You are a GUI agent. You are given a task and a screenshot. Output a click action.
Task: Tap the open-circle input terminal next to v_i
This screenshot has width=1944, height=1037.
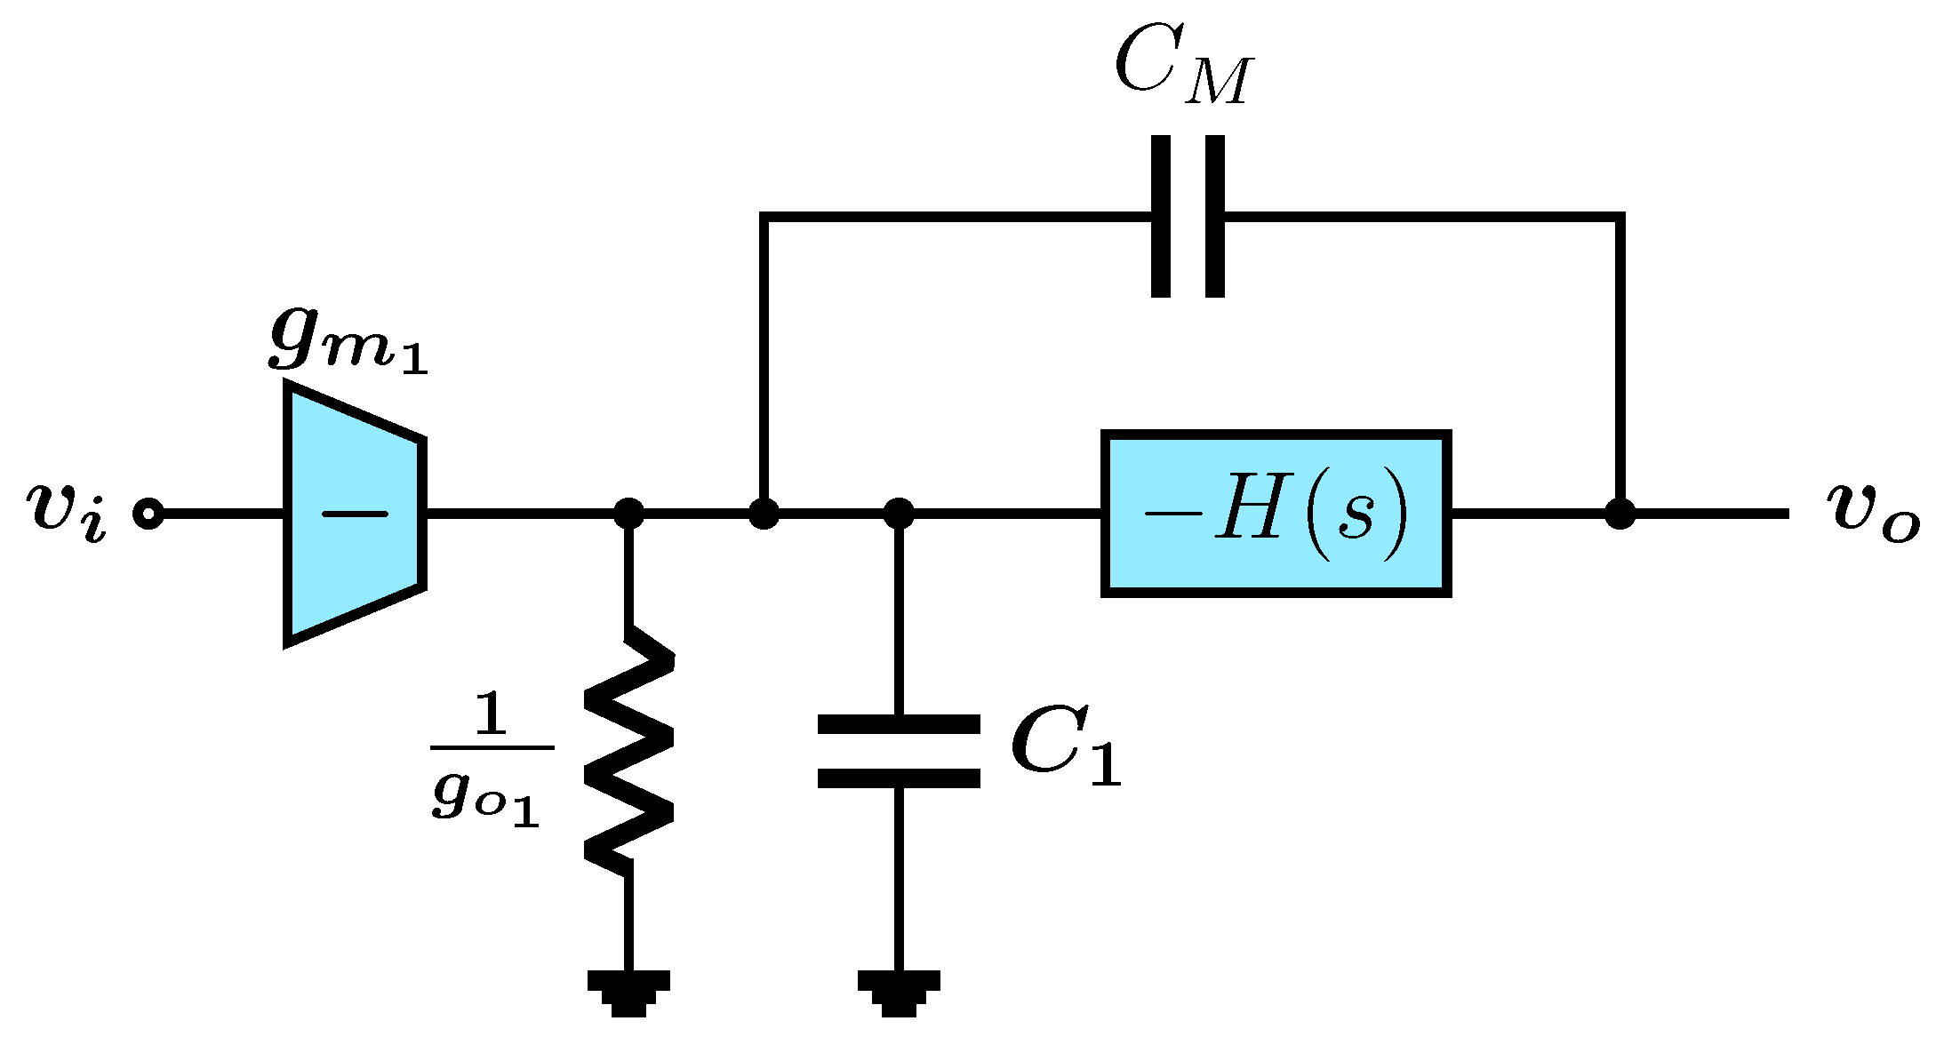pyautogui.click(x=148, y=514)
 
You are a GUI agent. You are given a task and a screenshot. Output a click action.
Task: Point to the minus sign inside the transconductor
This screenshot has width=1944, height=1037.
pyautogui.click(x=355, y=514)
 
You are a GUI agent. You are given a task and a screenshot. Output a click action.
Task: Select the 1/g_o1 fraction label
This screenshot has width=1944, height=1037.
pyautogui.click(x=490, y=760)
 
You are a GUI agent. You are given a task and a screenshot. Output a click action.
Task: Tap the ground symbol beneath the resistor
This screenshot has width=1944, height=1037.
pyautogui.click(x=628, y=992)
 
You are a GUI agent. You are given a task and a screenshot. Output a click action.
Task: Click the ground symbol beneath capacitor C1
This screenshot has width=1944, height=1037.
pyautogui.click(x=899, y=992)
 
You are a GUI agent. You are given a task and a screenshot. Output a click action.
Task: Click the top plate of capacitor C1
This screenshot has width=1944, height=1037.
pyautogui.click(x=899, y=723)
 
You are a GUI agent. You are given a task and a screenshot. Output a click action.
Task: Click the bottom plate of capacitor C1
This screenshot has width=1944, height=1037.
pyautogui.click(x=899, y=779)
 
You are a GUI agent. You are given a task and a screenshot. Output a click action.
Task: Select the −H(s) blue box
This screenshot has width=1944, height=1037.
pyautogui.click(x=1276, y=514)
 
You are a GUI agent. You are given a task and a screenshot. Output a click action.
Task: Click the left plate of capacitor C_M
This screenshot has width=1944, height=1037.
pyautogui.click(x=1160, y=216)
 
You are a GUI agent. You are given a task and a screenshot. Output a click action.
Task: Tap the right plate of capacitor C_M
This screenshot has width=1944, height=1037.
pyautogui.click(x=1215, y=216)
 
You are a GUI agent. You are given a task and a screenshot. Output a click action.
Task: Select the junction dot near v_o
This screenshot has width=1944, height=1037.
pyautogui.click(x=1620, y=514)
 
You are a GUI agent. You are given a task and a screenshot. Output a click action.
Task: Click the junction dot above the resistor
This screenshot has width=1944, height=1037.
pyautogui.click(x=628, y=514)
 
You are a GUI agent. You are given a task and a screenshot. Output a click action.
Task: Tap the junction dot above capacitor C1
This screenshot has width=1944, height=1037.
pyautogui.click(x=899, y=514)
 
